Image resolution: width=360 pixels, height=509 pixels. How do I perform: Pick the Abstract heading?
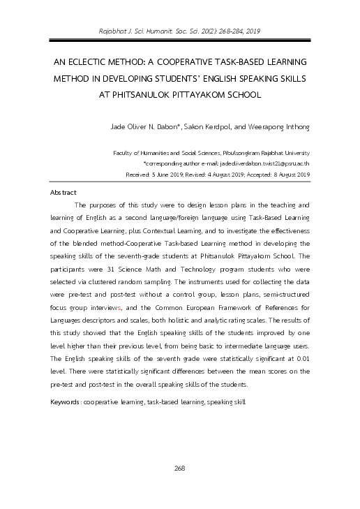pyautogui.click(x=63, y=191)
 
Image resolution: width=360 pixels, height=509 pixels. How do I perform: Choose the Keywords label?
pyautogui.click(x=65, y=404)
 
